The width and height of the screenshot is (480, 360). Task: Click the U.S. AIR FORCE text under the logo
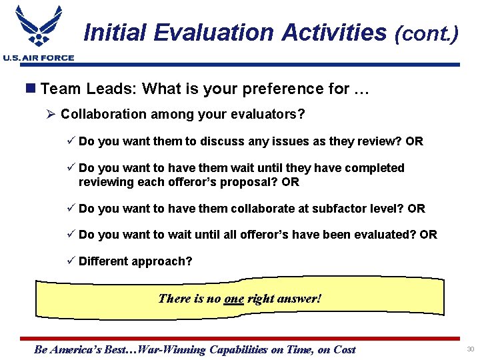pos(38,58)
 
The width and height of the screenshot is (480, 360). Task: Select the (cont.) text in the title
pos(427,33)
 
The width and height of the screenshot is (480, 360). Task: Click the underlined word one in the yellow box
pos(234,299)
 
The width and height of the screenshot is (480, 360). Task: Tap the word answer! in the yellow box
pos(300,299)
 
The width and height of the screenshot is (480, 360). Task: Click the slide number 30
pos(470,349)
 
